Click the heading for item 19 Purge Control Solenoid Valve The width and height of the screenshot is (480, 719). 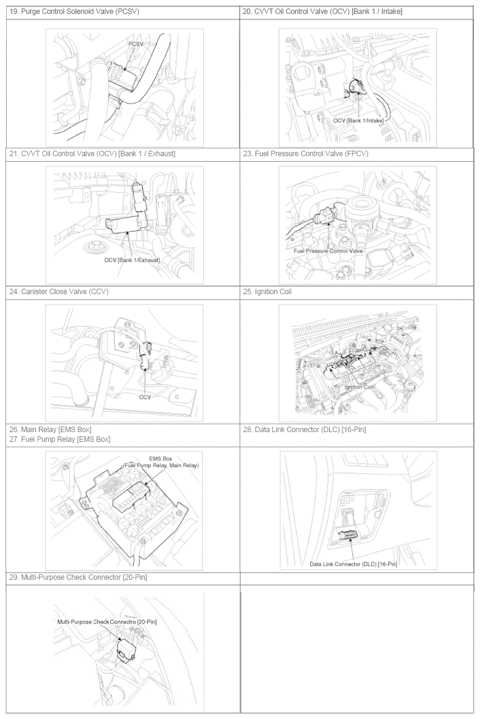74,12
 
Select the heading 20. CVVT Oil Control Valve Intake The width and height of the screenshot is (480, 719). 322,12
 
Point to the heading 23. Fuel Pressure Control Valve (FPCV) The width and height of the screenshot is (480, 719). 305,154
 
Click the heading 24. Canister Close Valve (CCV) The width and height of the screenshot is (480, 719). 59,292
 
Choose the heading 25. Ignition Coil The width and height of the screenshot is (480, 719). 267,292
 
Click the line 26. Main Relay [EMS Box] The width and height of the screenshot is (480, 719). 50,430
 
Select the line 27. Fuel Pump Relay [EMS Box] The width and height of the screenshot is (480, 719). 60,439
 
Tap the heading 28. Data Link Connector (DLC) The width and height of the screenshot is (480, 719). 304,430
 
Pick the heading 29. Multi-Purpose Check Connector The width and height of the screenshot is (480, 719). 78,577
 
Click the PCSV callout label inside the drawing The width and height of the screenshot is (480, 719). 136,44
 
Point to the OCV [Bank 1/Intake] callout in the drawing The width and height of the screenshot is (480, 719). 358,120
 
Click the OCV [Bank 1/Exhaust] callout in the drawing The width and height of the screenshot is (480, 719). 131,260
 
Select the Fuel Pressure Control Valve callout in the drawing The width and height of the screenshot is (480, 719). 328,251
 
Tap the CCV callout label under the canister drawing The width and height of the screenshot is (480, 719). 145,397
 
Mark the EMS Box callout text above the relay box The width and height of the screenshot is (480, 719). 160,462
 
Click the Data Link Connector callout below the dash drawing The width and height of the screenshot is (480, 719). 353,564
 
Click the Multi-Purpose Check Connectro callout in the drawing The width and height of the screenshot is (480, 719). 107,622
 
